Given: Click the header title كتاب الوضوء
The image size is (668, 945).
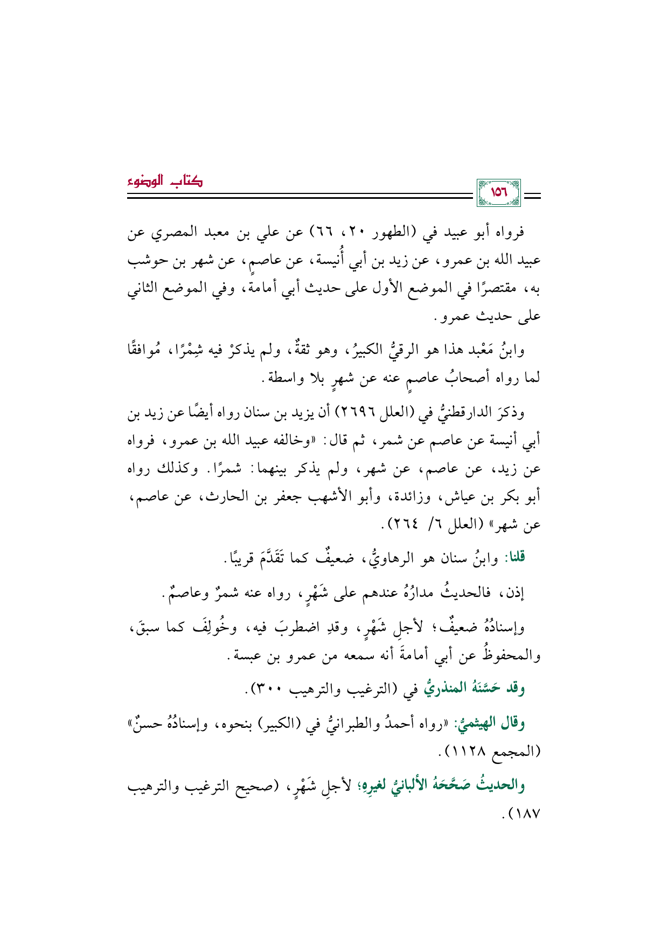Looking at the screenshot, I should [x=165, y=182].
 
